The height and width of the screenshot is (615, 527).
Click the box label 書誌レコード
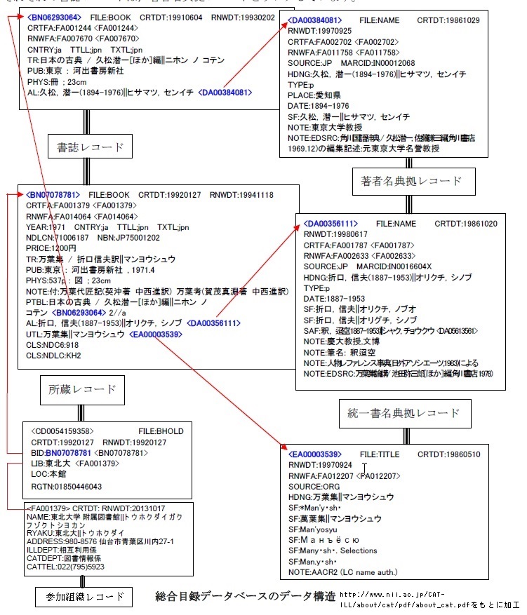(x=89, y=148)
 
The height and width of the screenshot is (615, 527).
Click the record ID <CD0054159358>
(x=62, y=431)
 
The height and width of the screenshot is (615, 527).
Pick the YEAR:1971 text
(x=46, y=227)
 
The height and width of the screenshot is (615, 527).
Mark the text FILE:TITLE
(x=380, y=454)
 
